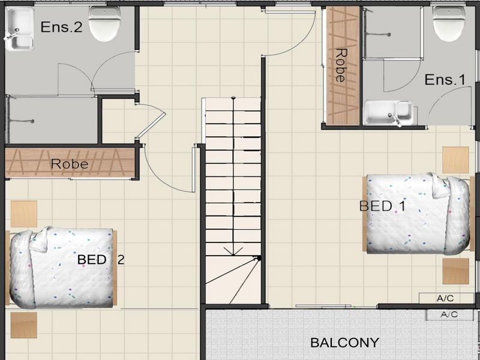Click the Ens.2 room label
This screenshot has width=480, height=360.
[62, 27]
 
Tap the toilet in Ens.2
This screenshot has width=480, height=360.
[104, 24]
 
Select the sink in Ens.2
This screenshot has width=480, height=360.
[19, 29]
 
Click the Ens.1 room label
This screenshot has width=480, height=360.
[445, 80]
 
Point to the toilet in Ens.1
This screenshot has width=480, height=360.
[449, 23]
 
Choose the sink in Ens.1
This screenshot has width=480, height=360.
[389, 112]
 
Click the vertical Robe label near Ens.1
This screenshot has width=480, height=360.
[341, 65]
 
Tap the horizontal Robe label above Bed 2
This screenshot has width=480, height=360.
[70, 164]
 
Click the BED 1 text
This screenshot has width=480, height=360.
[382, 206]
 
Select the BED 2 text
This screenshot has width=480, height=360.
[101, 260]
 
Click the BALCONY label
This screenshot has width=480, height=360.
[344, 343]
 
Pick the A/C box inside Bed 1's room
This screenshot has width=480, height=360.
[446, 298]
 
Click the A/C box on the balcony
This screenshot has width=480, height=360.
[450, 314]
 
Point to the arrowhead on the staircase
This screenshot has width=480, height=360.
[233, 251]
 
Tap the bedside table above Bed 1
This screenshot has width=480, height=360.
[455, 160]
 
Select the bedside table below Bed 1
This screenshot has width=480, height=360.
[455, 271]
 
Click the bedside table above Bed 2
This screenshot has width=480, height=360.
[24, 214]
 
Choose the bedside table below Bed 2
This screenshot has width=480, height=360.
[24, 325]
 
